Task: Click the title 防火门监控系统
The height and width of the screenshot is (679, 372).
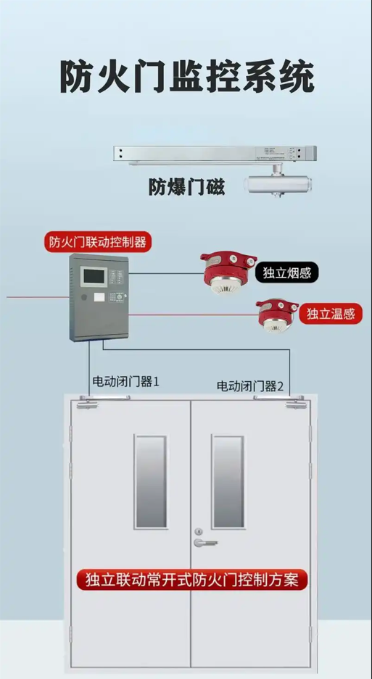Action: click(x=187, y=78)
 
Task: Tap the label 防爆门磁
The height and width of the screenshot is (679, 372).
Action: click(x=186, y=187)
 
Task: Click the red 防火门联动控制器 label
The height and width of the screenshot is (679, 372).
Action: click(x=98, y=242)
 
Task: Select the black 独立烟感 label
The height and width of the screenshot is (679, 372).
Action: click(x=287, y=272)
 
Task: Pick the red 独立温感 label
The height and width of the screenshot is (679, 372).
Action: click(x=331, y=314)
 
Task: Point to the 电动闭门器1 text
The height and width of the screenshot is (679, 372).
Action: click(x=126, y=382)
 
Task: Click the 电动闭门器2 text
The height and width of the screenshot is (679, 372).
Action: click(x=250, y=386)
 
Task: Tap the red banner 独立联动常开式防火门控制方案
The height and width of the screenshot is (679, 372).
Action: click(x=192, y=580)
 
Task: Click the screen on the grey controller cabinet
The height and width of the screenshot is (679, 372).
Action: click(x=94, y=276)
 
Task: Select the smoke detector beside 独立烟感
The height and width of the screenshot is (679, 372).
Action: click(x=228, y=272)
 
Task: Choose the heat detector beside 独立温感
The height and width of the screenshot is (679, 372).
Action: click(x=276, y=314)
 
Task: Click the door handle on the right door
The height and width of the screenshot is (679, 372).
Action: click(x=204, y=543)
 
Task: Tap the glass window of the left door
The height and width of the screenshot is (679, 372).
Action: click(x=150, y=482)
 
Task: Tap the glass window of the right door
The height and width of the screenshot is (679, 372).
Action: click(x=228, y=482)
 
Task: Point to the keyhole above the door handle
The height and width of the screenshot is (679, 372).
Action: click(x=198, y=531)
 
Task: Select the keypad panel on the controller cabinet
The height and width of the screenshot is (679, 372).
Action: click(x=116, y=297)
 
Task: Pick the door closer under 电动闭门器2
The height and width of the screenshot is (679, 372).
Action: click(x=281, y=401)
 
